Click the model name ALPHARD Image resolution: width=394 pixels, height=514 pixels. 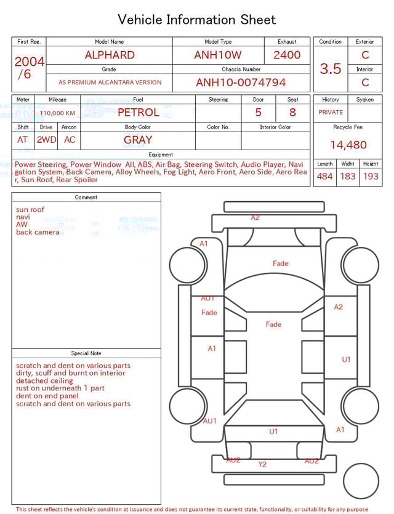click(109, 55)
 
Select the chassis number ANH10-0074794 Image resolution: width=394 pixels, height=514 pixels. click(241, 82)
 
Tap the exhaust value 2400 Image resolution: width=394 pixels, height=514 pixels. click(287, 55)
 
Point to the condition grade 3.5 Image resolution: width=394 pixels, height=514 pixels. click(331, 69)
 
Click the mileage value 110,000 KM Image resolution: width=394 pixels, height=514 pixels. click(58, 113)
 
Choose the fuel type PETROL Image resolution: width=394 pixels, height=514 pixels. click(138, 113)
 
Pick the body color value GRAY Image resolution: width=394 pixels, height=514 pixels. click(138, 140)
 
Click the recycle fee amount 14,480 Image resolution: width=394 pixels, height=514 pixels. click(348, 145)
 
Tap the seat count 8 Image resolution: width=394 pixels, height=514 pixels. click(292, 113)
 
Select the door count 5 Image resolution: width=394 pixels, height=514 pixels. click(258, 113)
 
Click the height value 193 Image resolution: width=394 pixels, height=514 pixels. click(371, 177)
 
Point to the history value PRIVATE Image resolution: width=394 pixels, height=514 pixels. click(331, 113)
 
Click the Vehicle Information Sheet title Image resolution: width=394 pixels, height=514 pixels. click(197, 20)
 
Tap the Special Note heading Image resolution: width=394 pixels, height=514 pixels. click(86, 353)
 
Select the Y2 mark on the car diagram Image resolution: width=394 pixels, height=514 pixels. click(262, 464)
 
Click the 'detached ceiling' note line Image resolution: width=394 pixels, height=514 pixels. click(44, 381)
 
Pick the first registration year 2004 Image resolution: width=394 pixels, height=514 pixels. click(29, 62)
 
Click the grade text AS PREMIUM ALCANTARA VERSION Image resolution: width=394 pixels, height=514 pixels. click(110, 82)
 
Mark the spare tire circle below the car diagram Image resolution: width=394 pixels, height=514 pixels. click(361, 481)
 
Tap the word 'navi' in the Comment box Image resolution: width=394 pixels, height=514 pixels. click(23, 217)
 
